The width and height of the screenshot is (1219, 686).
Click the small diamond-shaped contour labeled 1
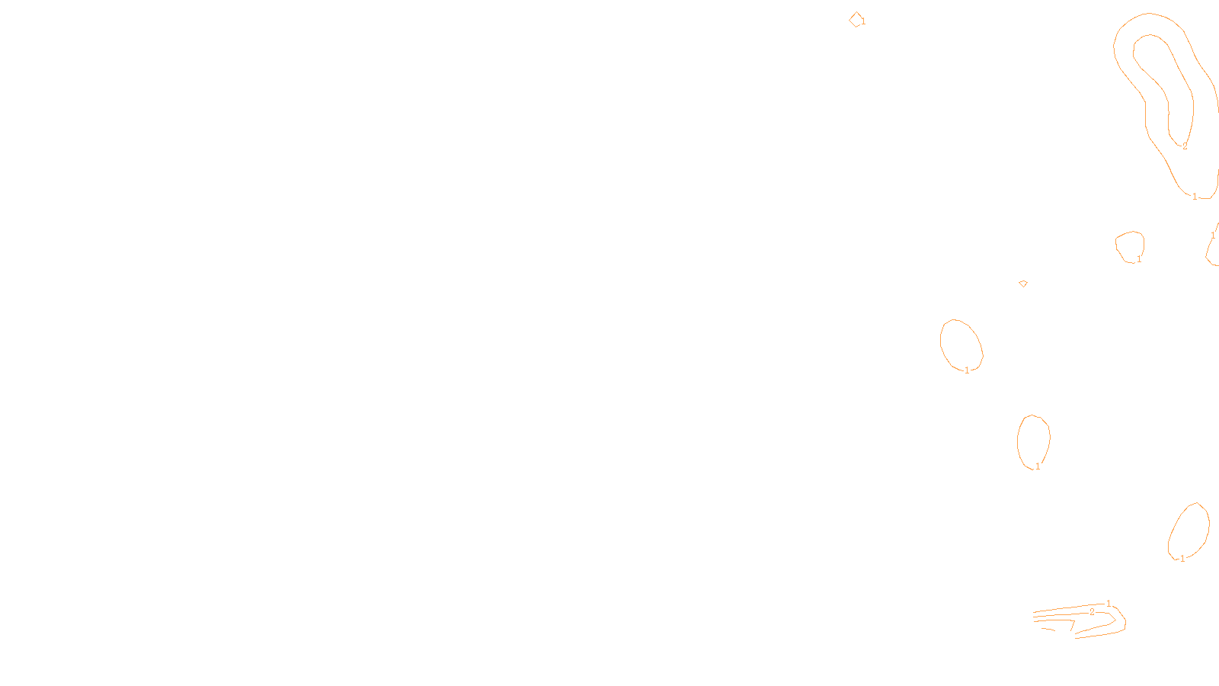856,20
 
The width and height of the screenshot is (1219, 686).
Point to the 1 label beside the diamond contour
864,22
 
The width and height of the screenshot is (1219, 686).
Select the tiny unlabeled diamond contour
1023,284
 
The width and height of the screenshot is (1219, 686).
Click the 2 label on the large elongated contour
1185,146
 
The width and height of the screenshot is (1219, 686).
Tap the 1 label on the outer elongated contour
1195,197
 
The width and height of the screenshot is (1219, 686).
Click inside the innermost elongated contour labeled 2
1162,76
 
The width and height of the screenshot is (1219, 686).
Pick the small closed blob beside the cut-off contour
1129,245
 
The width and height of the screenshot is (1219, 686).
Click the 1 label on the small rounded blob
1139,260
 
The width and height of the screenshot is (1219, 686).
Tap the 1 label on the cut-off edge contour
1213,236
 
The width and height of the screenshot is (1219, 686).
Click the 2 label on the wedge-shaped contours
1092,612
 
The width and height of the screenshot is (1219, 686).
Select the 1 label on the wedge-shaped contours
1109,604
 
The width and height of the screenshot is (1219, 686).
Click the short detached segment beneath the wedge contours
1048,629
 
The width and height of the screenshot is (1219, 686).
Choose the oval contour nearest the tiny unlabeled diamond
961,345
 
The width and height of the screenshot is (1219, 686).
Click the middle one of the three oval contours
1033,441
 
